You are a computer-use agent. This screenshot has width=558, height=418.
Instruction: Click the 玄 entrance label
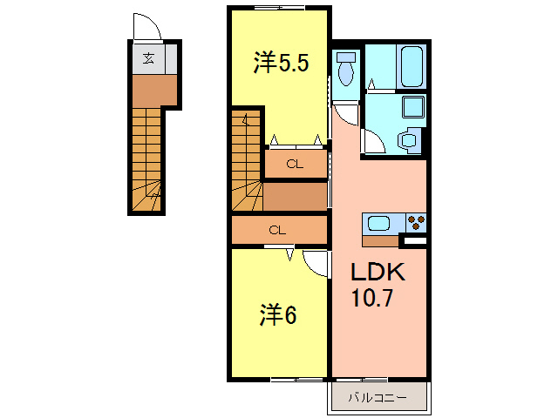[149, 59]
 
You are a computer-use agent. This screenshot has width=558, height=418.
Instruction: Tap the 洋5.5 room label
[281, 64]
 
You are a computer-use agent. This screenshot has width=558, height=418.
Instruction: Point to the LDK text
[378, 273]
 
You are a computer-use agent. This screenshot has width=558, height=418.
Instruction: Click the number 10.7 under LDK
[373, 299]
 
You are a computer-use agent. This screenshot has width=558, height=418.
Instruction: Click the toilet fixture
[346, 69]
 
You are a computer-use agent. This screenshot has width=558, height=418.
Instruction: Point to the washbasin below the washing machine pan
[408, 138]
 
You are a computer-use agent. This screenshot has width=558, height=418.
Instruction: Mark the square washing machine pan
[412, 107]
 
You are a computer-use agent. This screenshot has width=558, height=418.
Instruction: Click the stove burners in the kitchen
[414, 222]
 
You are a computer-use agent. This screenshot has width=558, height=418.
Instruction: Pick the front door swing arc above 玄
[147, 26]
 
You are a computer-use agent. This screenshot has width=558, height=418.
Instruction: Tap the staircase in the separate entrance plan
[146, 161]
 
